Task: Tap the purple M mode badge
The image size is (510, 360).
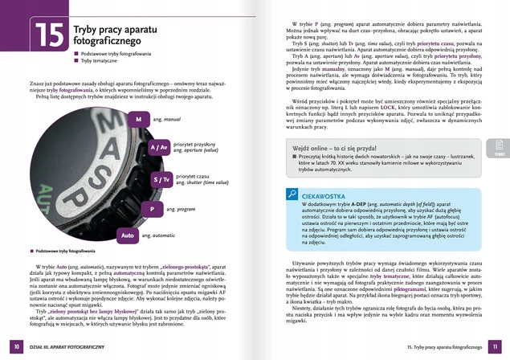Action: tap(137, 119)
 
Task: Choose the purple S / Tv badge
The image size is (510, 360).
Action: tap(161, 180)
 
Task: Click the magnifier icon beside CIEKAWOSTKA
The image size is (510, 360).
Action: tap(292, 194)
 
